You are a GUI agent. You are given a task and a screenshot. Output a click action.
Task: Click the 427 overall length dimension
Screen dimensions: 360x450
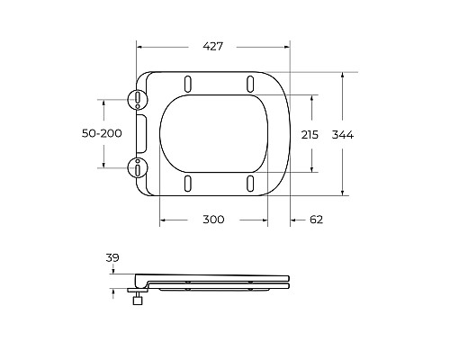click(212, 46)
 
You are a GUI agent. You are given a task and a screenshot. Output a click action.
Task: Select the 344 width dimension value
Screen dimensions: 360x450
click(343, 134)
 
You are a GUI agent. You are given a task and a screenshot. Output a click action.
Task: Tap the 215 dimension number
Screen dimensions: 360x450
click(310, 134)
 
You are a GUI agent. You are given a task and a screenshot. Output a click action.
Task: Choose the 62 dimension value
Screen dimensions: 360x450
click(315, 220)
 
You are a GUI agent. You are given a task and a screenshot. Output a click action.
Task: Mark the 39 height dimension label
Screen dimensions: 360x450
click(112, 258)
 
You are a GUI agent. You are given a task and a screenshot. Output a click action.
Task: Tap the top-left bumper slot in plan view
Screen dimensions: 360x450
click(187, 84)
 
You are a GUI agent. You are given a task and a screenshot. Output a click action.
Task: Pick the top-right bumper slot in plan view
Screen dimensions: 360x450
click(248, 84)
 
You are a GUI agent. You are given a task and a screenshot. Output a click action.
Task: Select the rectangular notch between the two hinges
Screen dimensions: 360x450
click(140, 133)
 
